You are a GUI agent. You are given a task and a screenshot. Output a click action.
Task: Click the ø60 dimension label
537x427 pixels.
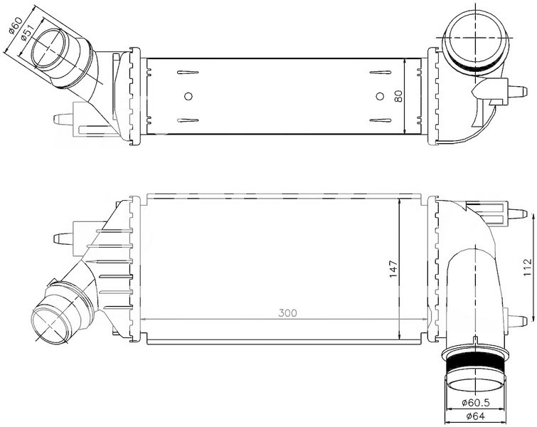[x=16, y=26]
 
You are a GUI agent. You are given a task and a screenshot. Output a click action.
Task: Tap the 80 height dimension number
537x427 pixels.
[x=398, y=96]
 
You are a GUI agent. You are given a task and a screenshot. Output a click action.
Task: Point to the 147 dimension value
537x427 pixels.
[x=393, y=269]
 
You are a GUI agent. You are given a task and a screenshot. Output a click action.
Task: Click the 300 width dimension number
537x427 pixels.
[x=287, y=313]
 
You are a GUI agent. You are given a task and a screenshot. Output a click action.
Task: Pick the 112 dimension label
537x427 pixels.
[x=528, y=267]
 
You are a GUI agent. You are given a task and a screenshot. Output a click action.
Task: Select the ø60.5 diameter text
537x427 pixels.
[x=476, y=402]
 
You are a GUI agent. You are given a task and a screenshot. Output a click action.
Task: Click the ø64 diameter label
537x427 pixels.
[x=475, y=416]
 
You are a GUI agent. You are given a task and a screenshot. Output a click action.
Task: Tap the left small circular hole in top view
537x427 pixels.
[x=188, y=96]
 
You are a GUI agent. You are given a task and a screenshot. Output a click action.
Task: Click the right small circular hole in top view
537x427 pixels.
[x=380, y=96]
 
